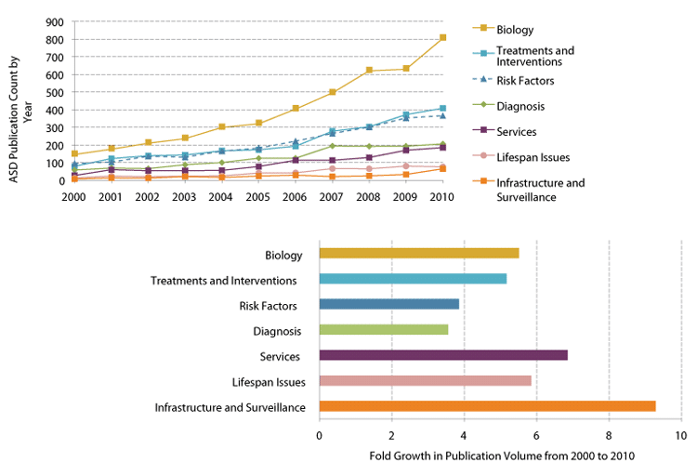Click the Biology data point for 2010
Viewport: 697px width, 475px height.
click(x=442, y=38)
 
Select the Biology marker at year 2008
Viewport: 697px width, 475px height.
click(x=369, y=71)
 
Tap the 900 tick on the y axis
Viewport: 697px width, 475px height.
click(x=54, y=22)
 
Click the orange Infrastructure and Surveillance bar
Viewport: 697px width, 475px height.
click(x=487, y=406)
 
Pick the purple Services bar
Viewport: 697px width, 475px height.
click(x=443, y=355)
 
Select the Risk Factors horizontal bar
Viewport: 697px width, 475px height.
click(x=388, y=304)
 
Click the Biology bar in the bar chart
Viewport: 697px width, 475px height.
click(x=419, y=253)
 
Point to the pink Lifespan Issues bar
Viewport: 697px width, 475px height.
click(x=425, y=380)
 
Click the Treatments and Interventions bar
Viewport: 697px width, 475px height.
click(x=413, y=278)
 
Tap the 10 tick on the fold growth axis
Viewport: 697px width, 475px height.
click(x=680, y=435)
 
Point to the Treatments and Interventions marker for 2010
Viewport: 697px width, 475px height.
click(x=442, y=109)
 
